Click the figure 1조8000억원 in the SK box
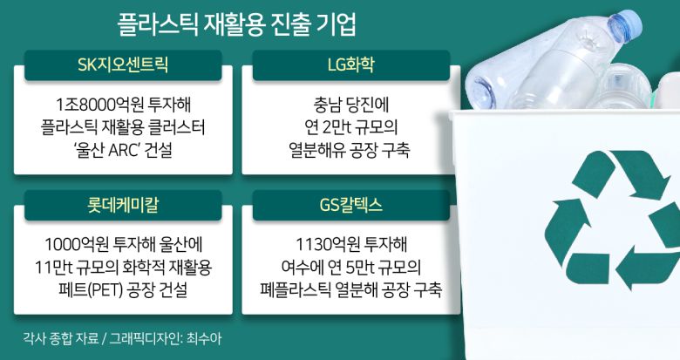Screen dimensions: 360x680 click(x=83, y=99)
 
